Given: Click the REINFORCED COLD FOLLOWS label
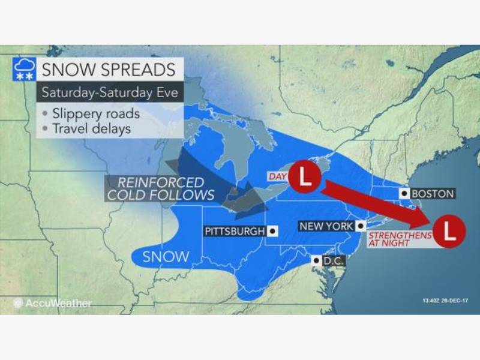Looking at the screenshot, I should pos(161,188).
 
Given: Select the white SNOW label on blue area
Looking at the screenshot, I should pos(166,257).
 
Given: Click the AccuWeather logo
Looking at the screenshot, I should pos(54,304).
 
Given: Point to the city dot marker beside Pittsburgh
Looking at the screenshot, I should pos(273,230).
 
